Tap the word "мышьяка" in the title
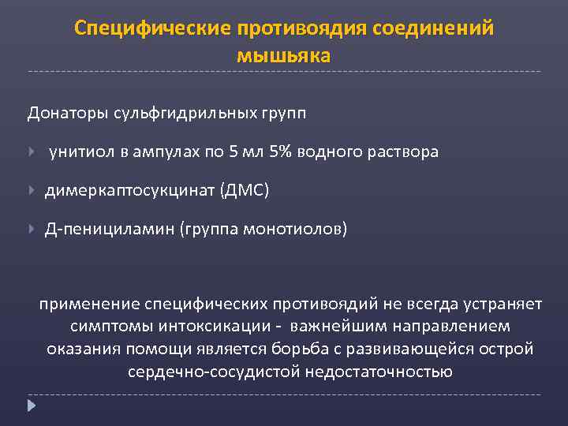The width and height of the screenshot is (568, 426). pos(284,56)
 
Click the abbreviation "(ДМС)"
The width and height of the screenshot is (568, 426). pos(245,190)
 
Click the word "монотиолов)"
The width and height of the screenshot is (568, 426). pos(295,229)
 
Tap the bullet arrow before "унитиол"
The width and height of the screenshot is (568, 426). pos(32,151)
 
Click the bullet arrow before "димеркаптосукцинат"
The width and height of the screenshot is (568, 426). pos(32,190)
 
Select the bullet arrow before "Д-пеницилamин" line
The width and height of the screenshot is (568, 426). pos(32,229)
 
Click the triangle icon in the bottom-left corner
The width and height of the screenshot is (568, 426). pos(32,406)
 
